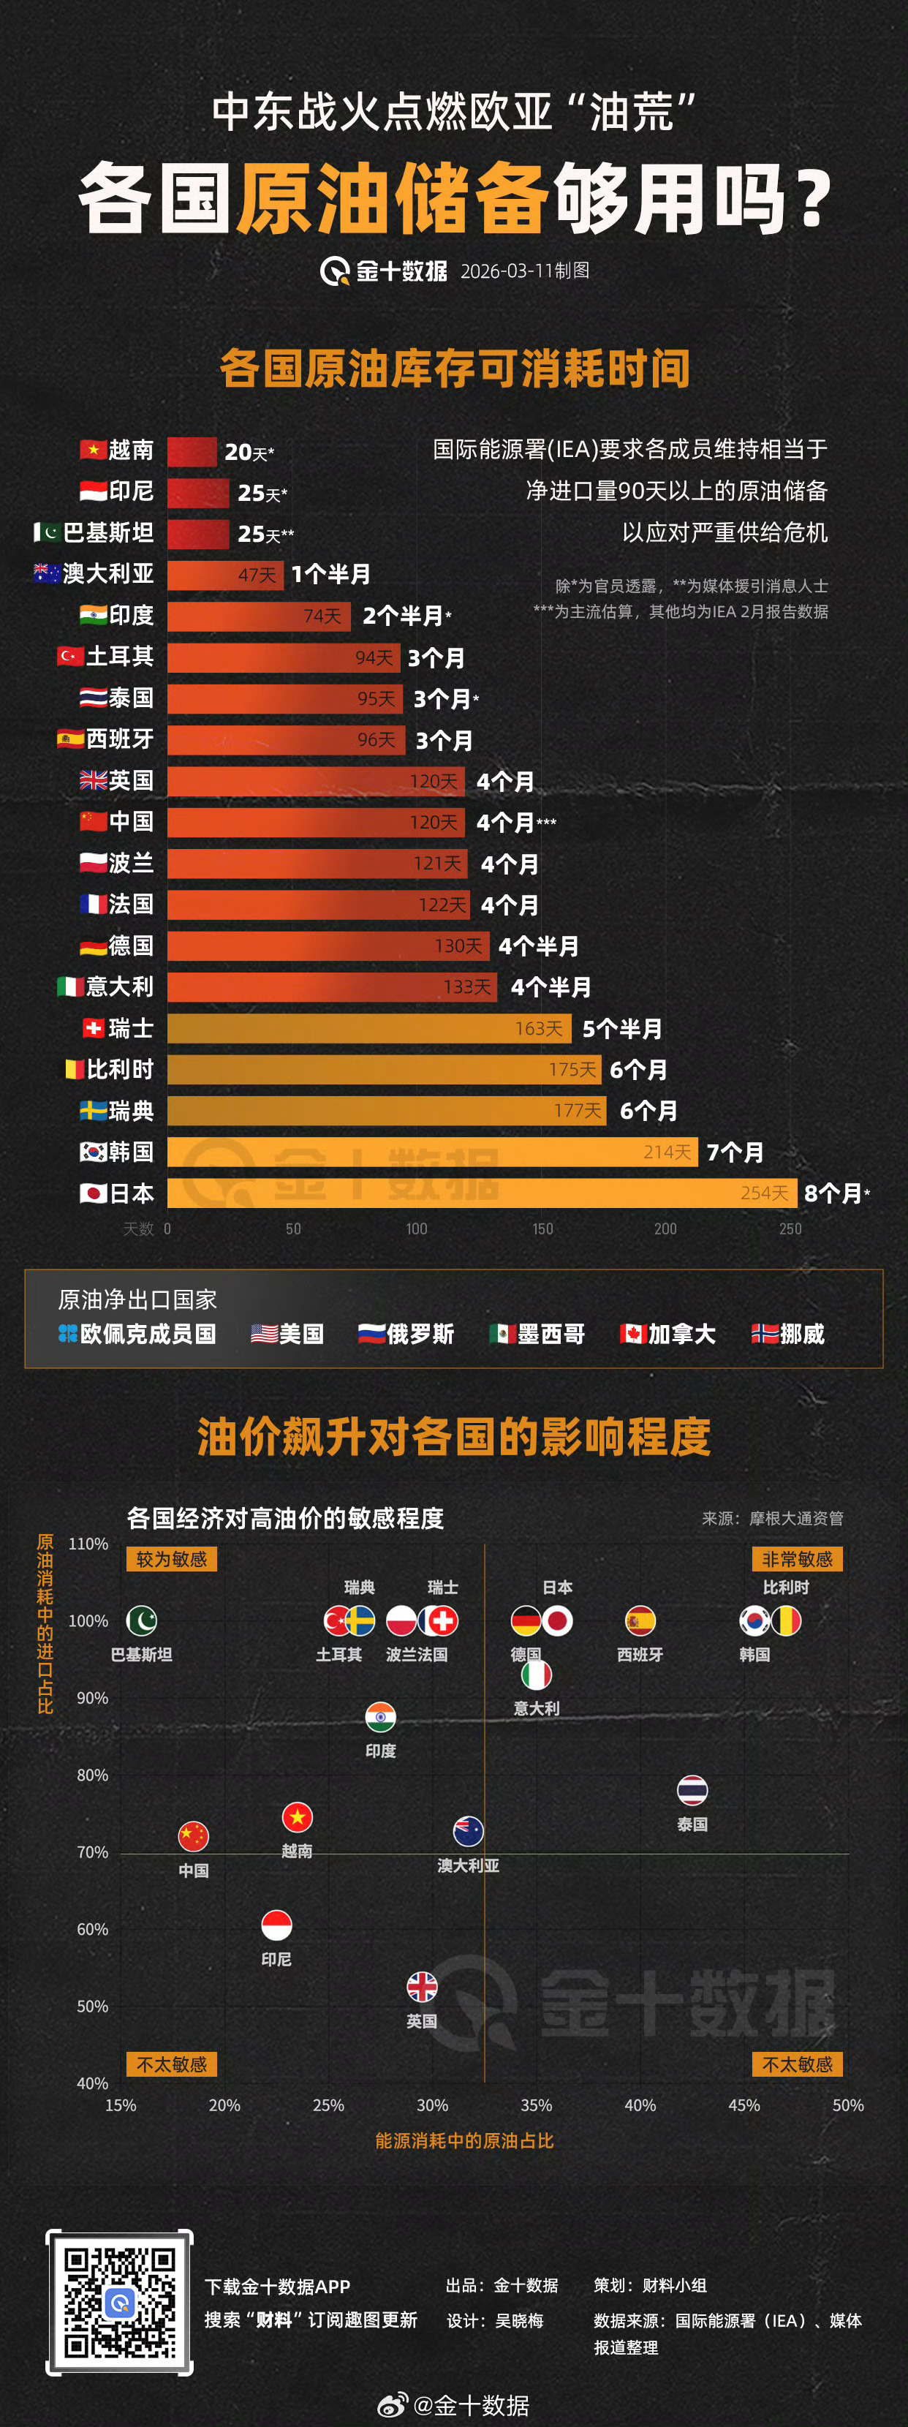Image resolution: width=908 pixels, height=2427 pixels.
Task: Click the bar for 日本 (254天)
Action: pyautogui.click(x=480, y=1193)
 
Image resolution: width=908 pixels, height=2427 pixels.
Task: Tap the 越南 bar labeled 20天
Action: pyautogui.click(x=192, y=452)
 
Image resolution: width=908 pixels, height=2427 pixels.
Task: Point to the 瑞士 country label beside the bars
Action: pyautogui.click(x=131, y=1028)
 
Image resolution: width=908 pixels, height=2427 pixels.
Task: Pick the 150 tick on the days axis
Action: pyautogui.click(x=542, y=1228)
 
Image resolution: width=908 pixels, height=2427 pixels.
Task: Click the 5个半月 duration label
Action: pyautogui.click(x=621, y=1029)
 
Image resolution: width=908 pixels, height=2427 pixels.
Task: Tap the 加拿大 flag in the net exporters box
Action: pyautogui.click(x=631, y=1334)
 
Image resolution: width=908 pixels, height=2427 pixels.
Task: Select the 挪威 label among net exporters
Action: pyautogui.click(x=801, y=1334)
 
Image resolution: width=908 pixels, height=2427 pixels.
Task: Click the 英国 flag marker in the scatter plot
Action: pyautogui.click(x=422, y=1987)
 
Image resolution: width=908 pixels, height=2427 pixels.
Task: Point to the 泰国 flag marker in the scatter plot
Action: pyautogui.click(x=692, y=1790)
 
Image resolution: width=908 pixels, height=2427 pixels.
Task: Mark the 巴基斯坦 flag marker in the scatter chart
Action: pyautogui.click(x=141, y=1620)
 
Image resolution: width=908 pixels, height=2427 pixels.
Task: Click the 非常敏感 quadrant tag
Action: pyautogui.click(x=797, y=1559)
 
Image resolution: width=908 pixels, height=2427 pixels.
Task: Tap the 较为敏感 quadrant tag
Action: pyautogui.click(x=171, y=1559)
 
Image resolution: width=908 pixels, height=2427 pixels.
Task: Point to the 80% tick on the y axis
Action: pyautogui.click(x=92, y=1775)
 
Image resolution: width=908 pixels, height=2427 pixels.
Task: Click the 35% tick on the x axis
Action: pyautogui.click(x=536, y=2105)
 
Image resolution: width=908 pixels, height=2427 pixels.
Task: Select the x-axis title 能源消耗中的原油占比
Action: pyautogui.click(x=464, y=2140)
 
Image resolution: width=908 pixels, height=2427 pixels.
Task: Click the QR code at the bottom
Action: pyautogui.click(x=120, y=2302)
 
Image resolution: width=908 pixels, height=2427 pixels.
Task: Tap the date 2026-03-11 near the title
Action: pyautogui.click(x=506, y=271)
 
